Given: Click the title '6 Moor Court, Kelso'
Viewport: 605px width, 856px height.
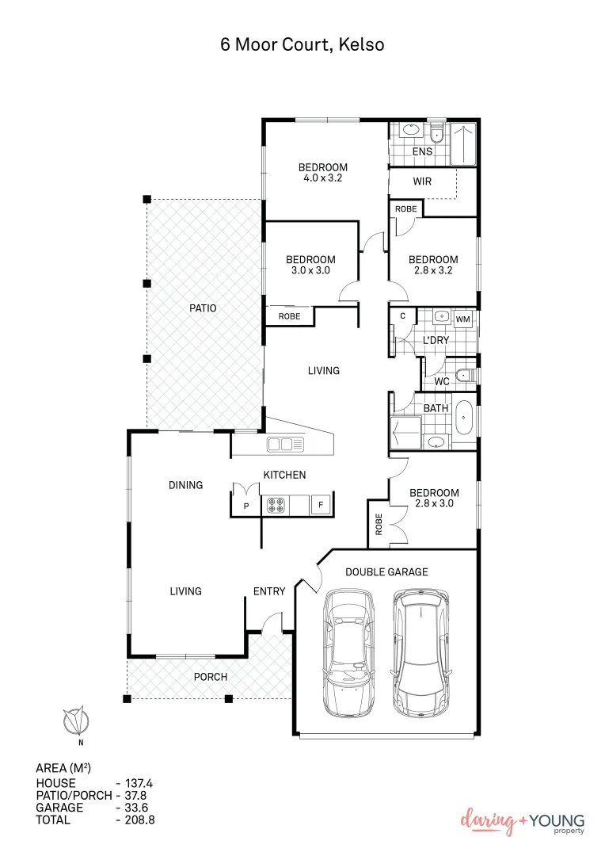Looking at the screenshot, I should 302,44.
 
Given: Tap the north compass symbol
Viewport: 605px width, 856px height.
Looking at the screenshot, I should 77,722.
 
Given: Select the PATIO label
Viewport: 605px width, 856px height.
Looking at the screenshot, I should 202,308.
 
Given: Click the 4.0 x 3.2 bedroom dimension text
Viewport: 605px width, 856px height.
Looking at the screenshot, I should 322,178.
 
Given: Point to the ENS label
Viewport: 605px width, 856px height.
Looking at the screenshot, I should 422,151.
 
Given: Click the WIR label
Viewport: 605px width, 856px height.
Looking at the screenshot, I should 422,182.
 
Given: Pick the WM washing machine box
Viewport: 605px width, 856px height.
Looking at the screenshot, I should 463,319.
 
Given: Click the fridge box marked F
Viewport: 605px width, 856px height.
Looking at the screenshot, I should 321,504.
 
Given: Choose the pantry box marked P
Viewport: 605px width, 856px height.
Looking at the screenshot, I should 246,505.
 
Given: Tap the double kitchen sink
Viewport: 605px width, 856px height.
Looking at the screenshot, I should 285,444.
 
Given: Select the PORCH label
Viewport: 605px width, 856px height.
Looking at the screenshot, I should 211,677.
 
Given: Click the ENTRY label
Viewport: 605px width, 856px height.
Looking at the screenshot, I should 269,591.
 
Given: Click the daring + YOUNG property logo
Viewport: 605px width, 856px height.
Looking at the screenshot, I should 523,822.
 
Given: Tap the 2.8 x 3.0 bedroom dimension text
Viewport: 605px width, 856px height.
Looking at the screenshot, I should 433,503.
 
